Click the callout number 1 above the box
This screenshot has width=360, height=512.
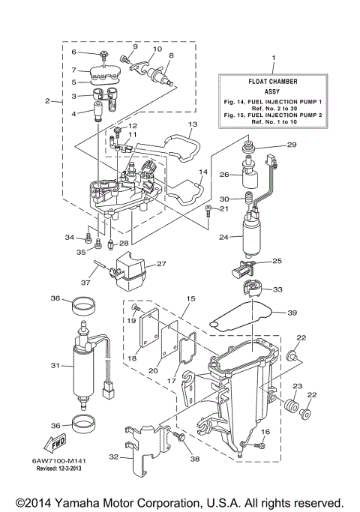(x=273, y=58)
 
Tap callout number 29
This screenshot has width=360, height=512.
(x=292, y=145)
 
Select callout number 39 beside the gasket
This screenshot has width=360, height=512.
(x=292, y=313)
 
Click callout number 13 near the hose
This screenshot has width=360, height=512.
(x=192, y=124)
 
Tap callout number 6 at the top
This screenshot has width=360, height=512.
(x=74, y=52)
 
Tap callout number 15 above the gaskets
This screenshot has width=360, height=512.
(x=191, y=299)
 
